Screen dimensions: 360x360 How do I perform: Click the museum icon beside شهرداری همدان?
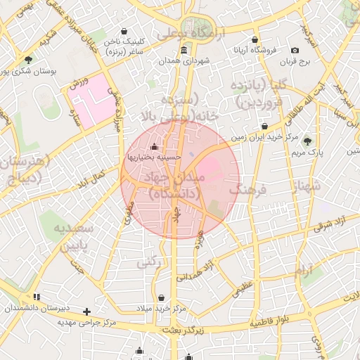(184, 50)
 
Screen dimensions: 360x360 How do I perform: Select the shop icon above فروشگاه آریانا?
(255, 39)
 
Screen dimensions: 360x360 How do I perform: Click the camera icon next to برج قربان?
(295, 50)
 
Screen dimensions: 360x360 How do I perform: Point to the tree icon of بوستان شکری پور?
(28, 59)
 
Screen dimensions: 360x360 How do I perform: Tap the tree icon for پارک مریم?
(306, 141)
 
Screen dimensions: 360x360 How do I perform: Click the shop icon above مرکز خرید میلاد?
(162, 297)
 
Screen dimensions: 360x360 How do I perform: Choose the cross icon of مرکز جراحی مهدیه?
(86, 311)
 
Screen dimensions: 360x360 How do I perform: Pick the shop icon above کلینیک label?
(124, 31)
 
